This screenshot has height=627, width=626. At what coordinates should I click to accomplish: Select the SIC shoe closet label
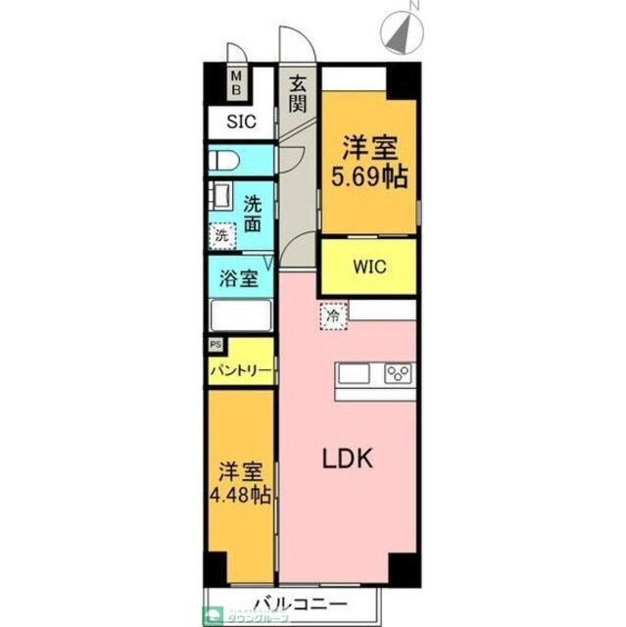pyautogui.click(x=241, y=122)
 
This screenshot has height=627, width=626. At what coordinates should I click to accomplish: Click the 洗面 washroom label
pyautogui.click(x=254, y=213)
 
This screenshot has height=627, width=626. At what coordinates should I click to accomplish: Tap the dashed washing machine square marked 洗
pyautogui.click(x=223, y=235)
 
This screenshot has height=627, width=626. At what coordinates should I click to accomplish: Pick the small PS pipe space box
pyautogui.click(x=215, y=345)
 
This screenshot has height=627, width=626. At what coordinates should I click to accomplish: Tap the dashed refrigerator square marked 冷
pyautogui.click(x=333, y=316)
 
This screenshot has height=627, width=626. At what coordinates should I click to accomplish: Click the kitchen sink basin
pyautogui.click(x=354, y=374)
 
